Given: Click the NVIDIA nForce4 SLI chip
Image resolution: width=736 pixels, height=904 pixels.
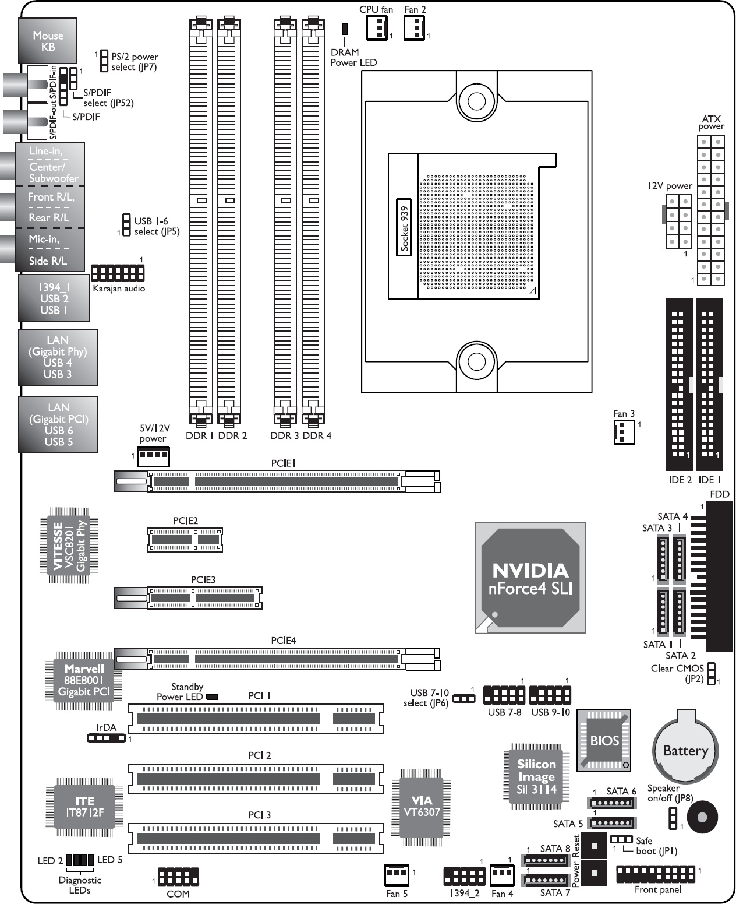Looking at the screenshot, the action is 530,578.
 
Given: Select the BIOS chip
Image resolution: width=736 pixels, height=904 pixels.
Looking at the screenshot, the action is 604,741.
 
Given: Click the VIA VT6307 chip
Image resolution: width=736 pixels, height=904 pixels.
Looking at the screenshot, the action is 422,807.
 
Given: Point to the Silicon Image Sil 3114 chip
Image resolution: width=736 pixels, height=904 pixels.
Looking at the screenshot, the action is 536,776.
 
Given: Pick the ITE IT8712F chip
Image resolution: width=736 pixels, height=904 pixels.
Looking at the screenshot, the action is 84,807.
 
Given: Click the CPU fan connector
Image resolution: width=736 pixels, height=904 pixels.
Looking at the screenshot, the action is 377,28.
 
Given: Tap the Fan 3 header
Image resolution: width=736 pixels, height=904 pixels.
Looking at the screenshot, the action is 624,432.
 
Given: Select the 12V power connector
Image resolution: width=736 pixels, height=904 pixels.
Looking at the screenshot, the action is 678,221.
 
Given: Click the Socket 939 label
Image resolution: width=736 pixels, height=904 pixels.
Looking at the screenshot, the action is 404,227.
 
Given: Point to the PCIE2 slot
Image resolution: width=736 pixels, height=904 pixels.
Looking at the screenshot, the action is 185,540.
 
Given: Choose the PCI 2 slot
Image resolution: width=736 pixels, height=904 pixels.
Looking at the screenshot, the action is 256,779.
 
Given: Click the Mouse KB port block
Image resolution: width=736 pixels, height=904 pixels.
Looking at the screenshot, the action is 48,41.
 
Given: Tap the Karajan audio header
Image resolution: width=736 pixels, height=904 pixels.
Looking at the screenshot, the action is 118,273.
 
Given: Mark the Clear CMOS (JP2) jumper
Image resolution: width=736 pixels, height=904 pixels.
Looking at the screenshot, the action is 712,674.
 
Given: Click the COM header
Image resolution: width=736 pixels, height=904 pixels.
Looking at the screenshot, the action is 178,877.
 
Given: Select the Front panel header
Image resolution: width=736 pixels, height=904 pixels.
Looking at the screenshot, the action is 656,875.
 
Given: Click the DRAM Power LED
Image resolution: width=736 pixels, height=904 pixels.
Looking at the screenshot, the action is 345,29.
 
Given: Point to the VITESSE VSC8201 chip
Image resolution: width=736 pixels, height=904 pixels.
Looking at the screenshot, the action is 69,546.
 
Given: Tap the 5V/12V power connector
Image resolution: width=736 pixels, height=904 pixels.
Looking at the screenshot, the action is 153,457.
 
